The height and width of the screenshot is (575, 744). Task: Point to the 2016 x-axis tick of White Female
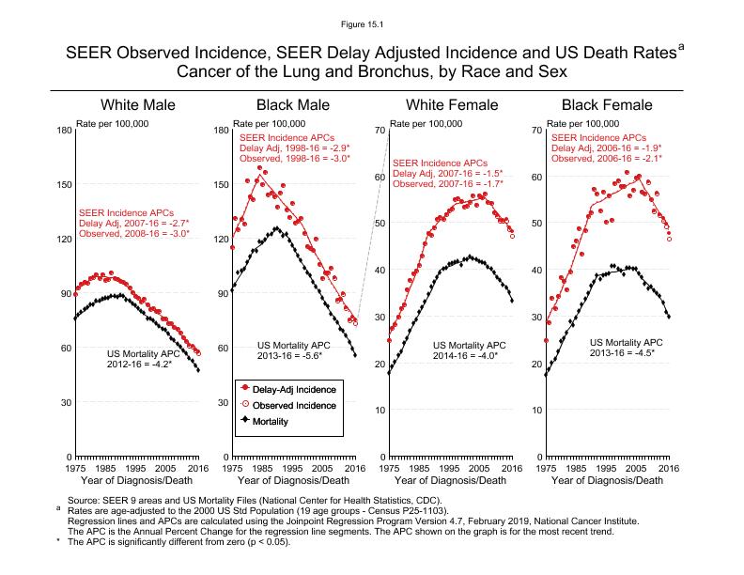[510, 468]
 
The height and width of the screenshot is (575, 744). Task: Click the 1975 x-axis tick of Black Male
[231, 468]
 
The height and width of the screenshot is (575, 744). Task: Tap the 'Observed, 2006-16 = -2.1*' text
[606, 158]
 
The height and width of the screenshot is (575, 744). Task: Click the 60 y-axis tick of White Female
[378, 178]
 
